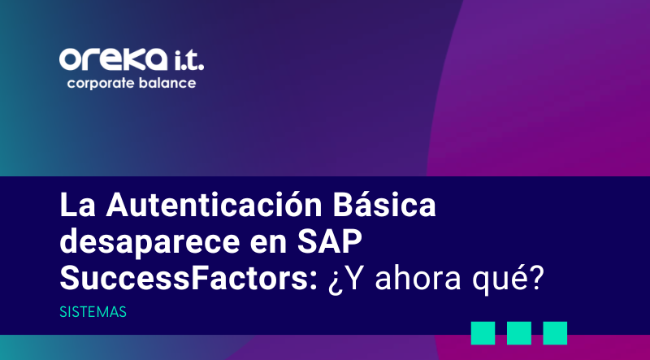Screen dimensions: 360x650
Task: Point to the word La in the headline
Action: [x=74, y=206]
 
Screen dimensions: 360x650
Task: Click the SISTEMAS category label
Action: [x=93, y=312]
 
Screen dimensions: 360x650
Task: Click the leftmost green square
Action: [x=483, y=332]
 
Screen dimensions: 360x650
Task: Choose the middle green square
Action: [x=519, y=332]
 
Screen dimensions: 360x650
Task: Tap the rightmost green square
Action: [x=555, y=332]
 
